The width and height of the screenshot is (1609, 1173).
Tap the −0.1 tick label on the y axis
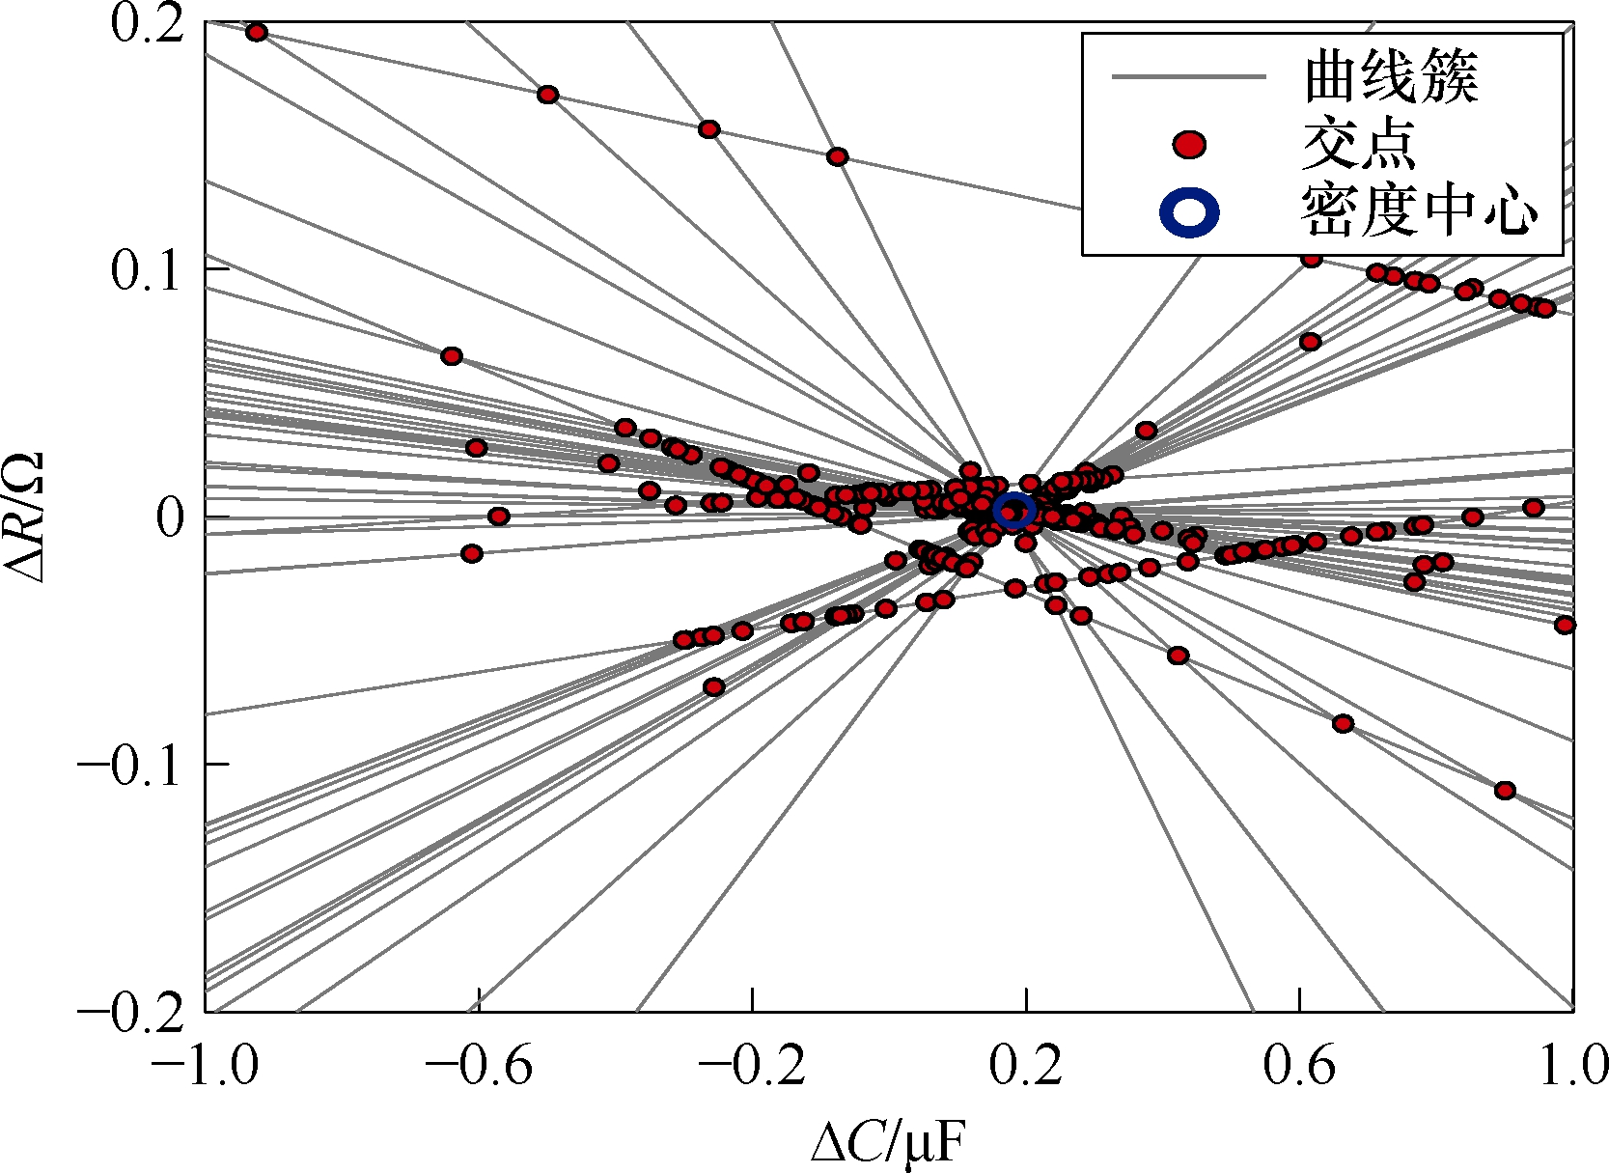130,767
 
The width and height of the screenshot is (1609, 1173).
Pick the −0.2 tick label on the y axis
130,1015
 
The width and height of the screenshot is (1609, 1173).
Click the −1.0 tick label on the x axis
204,1065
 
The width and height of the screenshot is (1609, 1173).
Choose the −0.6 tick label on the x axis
479,1065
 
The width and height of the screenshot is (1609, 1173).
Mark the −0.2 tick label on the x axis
752,1065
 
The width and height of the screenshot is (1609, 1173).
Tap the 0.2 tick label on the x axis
1026,1065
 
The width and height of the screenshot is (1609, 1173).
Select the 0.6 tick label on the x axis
1300,1065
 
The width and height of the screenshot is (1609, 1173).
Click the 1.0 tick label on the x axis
1572,1065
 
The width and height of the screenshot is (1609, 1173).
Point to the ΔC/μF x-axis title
888,1143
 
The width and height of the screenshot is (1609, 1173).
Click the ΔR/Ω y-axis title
25,517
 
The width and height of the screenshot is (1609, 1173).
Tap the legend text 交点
1359,145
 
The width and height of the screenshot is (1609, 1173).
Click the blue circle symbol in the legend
1188,213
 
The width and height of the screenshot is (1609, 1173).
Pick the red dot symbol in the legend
1189,145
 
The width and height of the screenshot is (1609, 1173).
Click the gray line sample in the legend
1188,77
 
